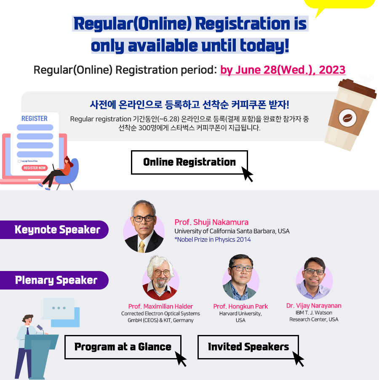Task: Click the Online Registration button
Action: (189, 162)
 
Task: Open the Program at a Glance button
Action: (123, 347)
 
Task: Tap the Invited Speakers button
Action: (248, 347)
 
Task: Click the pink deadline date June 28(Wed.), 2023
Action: (283, 70)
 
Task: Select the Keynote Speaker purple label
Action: (54, 229)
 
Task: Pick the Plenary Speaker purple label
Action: (54, 280)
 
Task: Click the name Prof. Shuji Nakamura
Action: (211, 222)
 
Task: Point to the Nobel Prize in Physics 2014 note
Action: (213, 239)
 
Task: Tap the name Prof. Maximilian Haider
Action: (160, 306)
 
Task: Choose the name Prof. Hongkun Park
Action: (240, 306)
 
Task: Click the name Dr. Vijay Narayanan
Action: (314, 306)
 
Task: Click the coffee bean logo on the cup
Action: (347, 118)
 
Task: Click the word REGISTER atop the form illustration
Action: (35, 119)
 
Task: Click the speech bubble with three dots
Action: (59, 308)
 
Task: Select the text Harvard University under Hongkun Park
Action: (240, 314)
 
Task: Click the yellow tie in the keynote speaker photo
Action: (141, 247)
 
